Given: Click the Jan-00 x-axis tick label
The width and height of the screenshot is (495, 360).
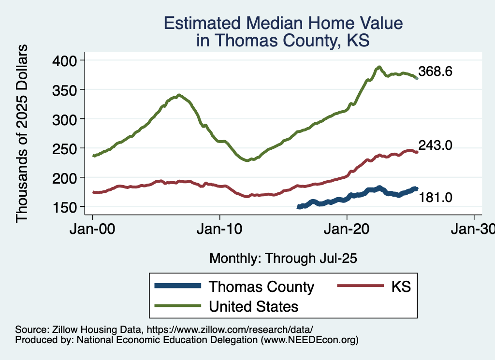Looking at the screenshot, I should [x=93, y=229].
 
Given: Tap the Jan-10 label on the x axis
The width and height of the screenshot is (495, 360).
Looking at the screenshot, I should [x=220, y=229].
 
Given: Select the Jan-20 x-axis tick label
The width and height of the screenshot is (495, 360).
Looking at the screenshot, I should [x=347, y=229].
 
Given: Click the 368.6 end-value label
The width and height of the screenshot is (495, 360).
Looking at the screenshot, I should [x=435, y=72].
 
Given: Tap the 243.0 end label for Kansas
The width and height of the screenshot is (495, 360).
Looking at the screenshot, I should [x=435, y=145].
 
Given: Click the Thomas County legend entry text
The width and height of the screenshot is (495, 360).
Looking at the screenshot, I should [x=261, y=287].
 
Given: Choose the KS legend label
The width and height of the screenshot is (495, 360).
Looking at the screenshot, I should [x=401, y=287].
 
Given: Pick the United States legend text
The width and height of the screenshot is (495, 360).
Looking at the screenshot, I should [x=253, y=306].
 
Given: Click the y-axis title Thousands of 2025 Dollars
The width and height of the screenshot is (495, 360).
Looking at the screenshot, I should [x=22, y=133].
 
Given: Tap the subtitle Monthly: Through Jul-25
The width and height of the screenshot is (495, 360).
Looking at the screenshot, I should [x=283, y=259].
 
